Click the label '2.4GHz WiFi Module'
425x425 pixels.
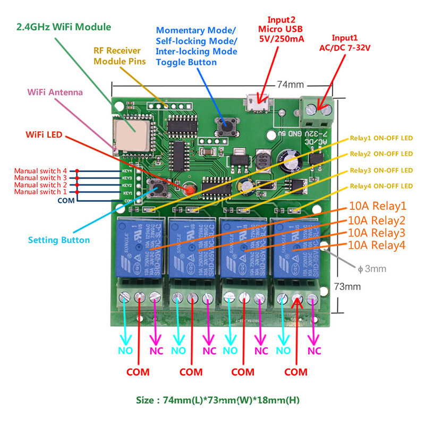click(x=64, y=27)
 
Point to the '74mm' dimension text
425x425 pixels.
click(x=290, y=84)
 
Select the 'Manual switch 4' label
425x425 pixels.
click(x=40, y=171)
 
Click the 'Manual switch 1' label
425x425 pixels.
click(x=40, y=191)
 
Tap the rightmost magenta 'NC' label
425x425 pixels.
click(x=314, y=351)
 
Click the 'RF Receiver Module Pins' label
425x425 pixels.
click(x=120, y=56)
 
